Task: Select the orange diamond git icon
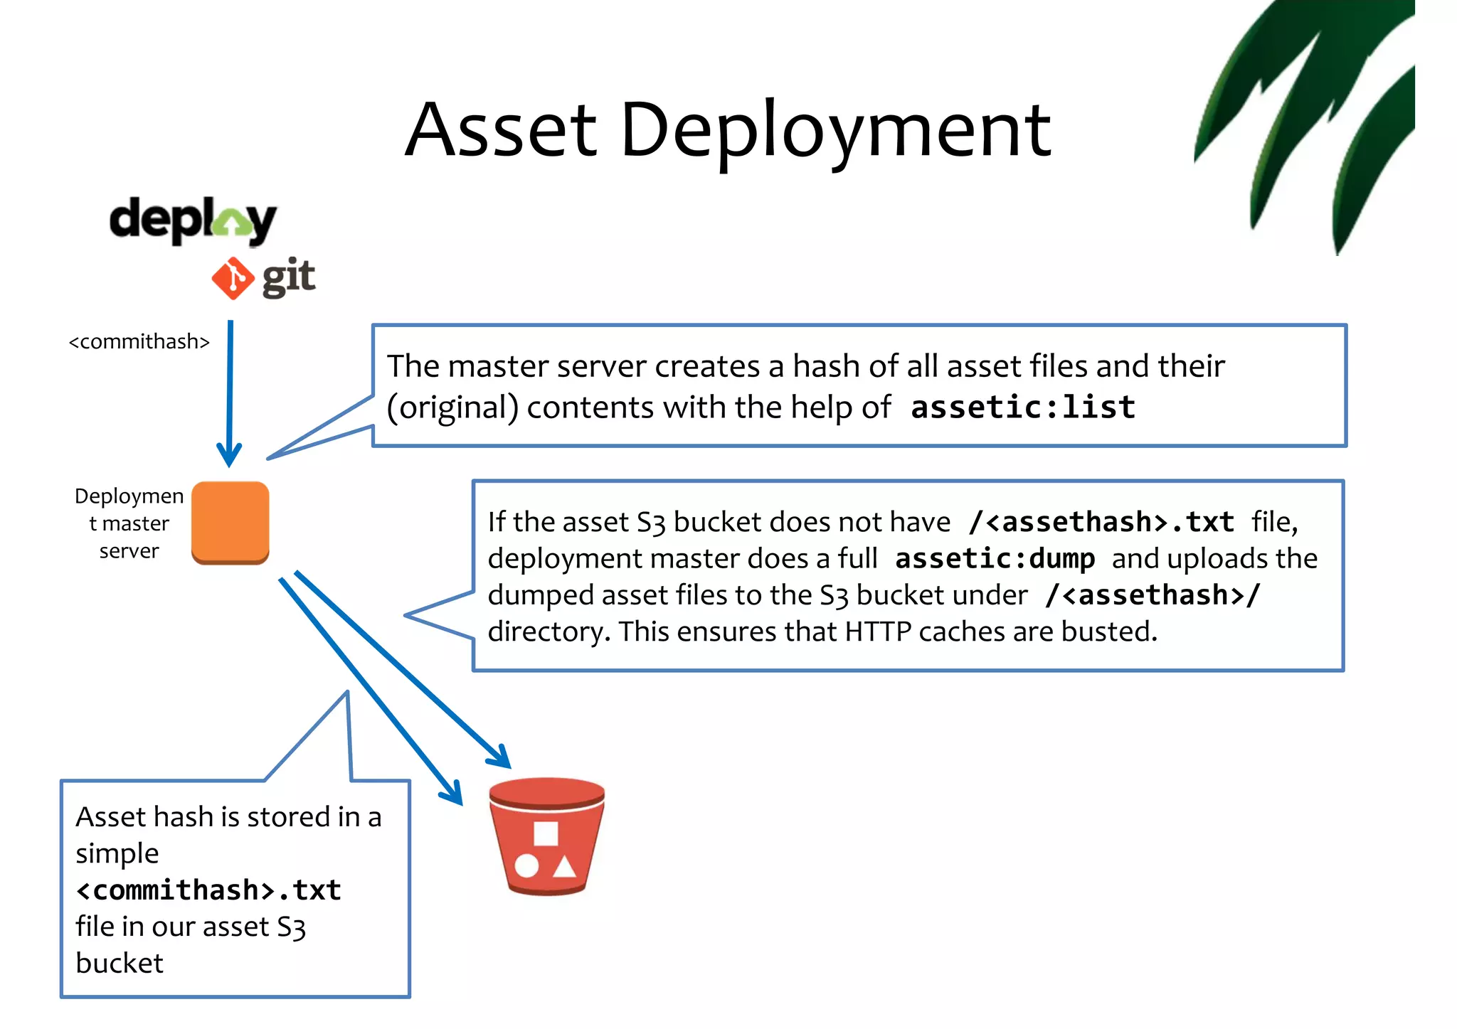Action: pyautogui.click(x=233, y=278)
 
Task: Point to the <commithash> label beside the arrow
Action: pyautogui.click(x=139, y=342)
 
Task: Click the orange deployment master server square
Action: pyautogui.click(x=231, y=523)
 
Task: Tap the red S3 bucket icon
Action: pyautogui.click(x=546, y=836)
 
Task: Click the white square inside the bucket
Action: pyautogui.click(x=546, y=833)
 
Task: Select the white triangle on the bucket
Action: pyautogui.click(x=565, y=866)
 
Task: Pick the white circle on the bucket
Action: pyautogui.click(x=526, y=865)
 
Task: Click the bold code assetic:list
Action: pyautogui.click(x=1022, y=407)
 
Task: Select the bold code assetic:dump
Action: pyautogui.click(x=995, y=559)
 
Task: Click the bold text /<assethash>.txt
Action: pyautogui.click(x=1101, y=522)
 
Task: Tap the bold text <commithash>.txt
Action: pyautogui.click(x=208, y=890)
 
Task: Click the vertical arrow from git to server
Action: pyautogui.click(x=230, y=391)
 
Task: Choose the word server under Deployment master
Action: pyautogui.click(x=129, y=551)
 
